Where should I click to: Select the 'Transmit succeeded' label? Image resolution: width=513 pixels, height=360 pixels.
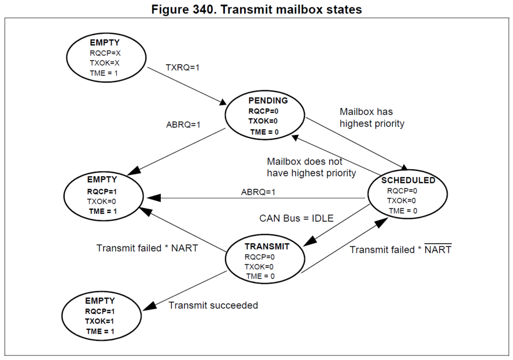coord(213,305)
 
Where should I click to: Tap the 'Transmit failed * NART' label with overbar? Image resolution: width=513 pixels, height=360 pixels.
coord(400,249)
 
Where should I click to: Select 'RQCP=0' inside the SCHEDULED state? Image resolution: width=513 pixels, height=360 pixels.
coord(401,190)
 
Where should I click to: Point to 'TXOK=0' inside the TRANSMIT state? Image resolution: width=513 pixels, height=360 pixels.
coord(260,266)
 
